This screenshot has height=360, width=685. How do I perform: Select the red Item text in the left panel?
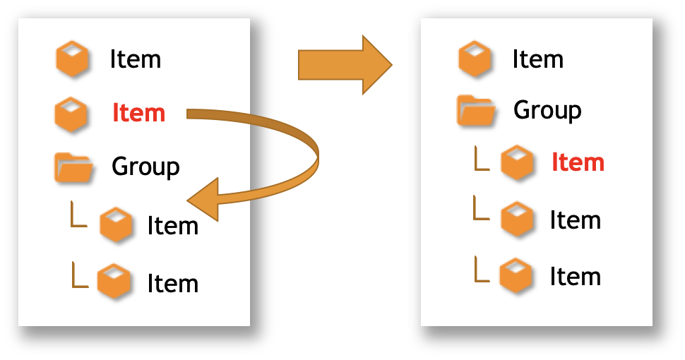tap(139, 113)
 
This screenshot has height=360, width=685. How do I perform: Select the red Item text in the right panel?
tap(578, 162)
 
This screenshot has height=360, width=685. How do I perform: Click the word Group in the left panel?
tap(145, 167)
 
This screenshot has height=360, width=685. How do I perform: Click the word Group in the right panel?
tap(547, 110)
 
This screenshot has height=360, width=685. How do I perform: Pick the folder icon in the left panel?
tap(73, 168)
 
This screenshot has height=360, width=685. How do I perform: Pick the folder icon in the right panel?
tap(476, 111)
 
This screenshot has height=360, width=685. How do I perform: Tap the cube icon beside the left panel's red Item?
tap(71, 114)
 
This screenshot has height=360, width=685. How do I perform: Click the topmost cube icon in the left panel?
tap(72, 59)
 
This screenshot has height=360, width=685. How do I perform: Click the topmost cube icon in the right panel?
tap(475, 59)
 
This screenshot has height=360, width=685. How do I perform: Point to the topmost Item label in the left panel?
tap(136, 59)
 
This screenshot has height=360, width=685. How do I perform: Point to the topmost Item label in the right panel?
tap(538, 59)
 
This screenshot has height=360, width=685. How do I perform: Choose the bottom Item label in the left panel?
tap(172, 284)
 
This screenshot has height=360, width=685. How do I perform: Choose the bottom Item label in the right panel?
tap(575, 277)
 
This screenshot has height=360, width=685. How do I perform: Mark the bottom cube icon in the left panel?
tap(113, 281)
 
